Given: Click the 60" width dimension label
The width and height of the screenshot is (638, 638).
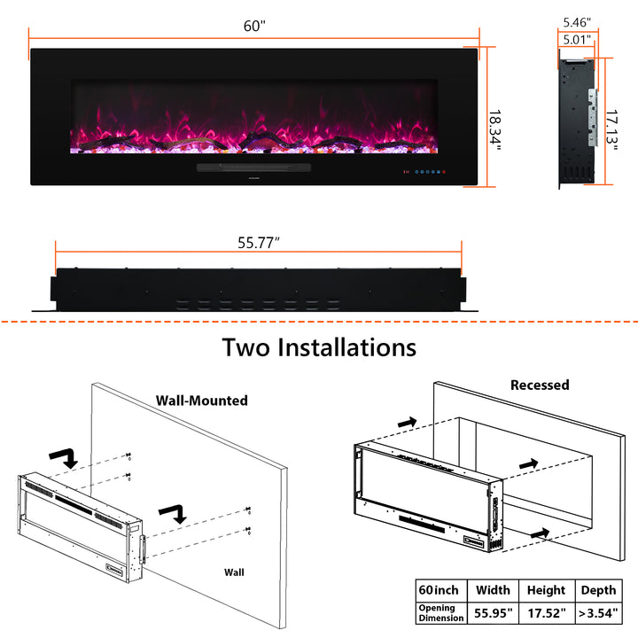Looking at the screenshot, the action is click(x=254, y=26).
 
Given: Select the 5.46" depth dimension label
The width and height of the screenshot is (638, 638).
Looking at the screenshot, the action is click(x=577, y=22).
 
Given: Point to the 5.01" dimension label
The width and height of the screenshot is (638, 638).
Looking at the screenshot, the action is click(x=577, y=40).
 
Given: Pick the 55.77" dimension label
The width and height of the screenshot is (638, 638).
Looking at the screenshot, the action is click(x=259, y=243).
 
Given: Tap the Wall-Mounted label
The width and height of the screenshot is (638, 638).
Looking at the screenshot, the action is click(x=202, y=401).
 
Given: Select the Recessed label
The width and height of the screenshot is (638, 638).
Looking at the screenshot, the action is click(x=540, y=385).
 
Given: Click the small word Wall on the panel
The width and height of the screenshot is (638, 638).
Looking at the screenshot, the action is click(x=234, y=572).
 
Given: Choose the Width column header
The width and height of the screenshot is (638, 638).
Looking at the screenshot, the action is click(x=494, y=590).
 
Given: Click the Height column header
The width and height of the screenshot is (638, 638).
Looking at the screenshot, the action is click(x=546, y=590).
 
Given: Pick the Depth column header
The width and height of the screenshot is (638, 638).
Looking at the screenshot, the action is click(x=598, y=590).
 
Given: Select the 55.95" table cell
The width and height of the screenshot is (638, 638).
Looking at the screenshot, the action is click(x=494, y=613).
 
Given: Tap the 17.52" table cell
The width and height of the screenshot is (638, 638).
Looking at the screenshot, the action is click(x=547, y=613).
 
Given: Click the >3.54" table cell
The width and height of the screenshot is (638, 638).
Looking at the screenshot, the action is click(x=598, y=613).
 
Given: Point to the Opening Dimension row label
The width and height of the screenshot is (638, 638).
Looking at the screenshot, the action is click(x=441, y=613).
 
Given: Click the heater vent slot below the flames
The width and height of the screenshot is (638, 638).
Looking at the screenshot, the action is click(x=254, y=167).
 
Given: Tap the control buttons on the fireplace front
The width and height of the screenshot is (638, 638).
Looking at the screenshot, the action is click(x=424, y=172).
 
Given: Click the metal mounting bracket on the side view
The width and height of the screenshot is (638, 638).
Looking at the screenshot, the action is click(x=593, y=117).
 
